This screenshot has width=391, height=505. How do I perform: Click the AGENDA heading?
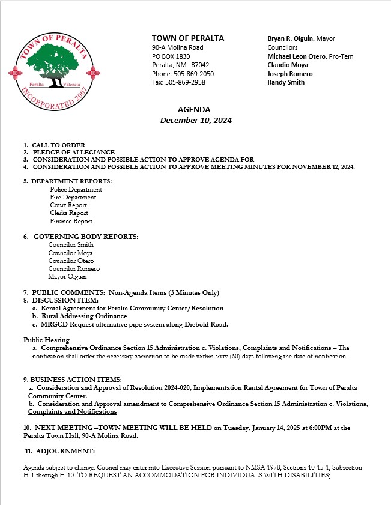194,109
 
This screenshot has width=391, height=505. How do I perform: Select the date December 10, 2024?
196,120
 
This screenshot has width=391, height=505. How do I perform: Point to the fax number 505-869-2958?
184,82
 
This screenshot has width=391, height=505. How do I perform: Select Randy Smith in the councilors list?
285,82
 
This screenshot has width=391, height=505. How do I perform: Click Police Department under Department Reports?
76,189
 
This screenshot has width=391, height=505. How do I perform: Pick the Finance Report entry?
71,221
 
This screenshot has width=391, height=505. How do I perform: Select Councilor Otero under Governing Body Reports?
70,261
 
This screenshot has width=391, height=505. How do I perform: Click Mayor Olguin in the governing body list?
67,277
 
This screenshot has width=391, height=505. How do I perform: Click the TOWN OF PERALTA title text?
188,38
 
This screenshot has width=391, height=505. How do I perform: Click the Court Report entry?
69,205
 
